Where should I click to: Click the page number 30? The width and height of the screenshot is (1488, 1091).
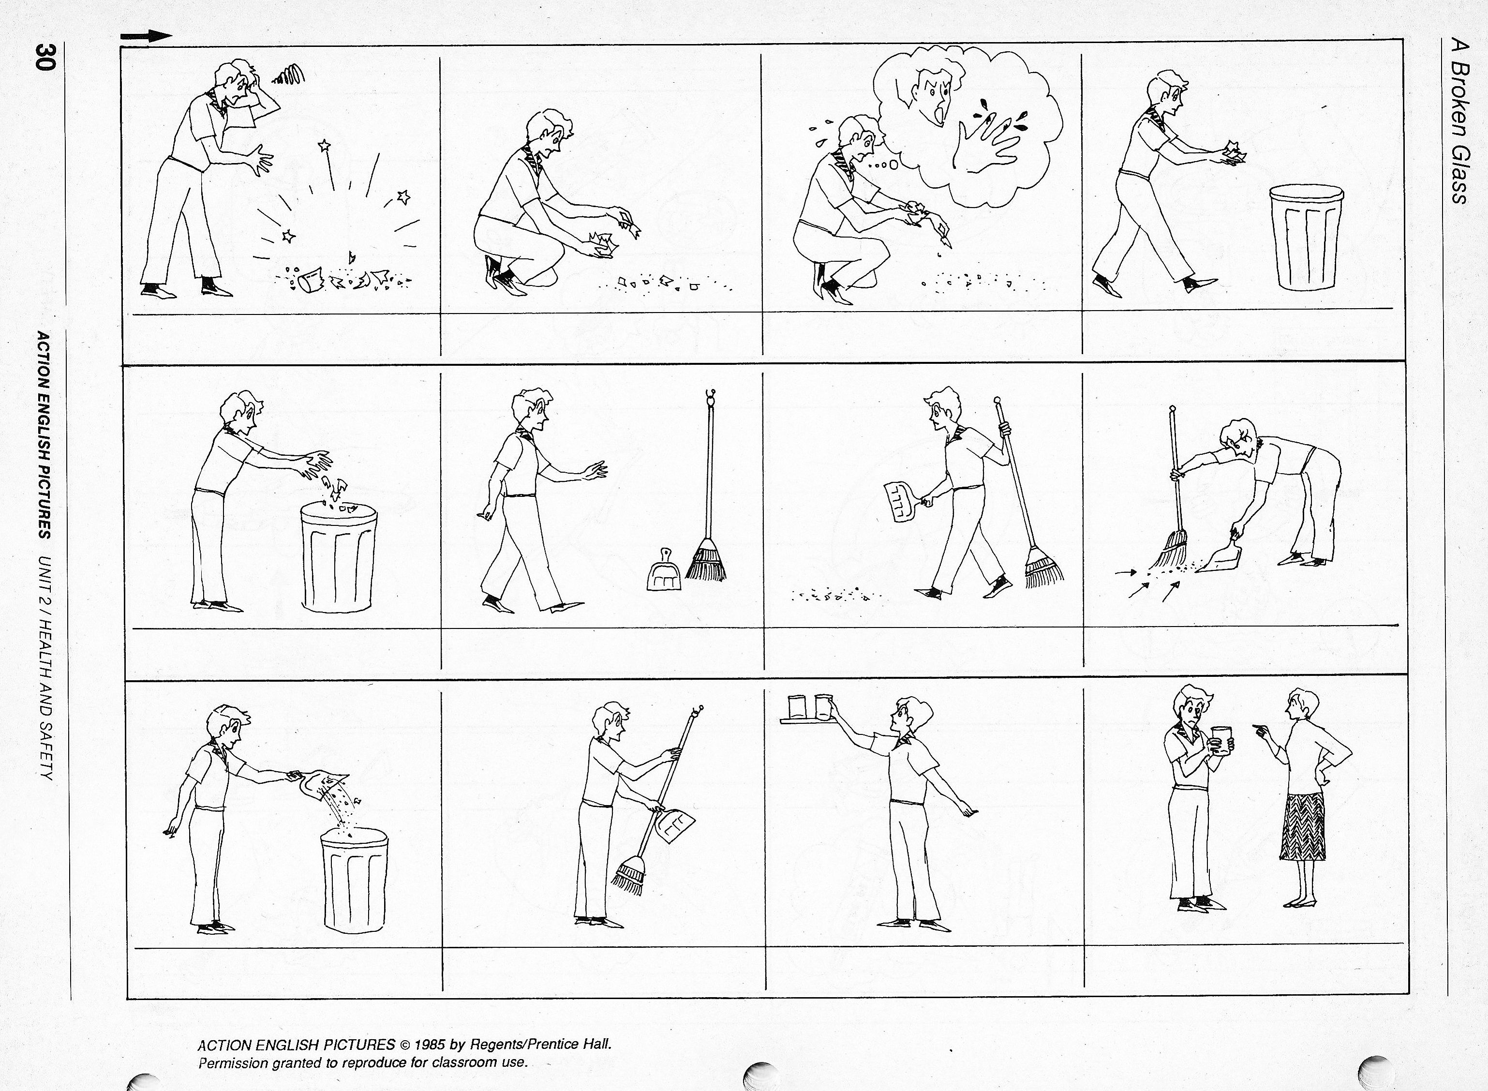click(47, 56)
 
